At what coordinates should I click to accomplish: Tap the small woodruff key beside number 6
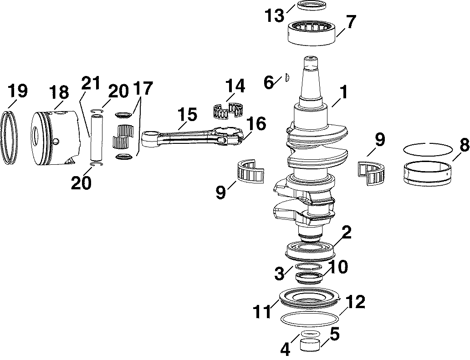(x=286, y=78)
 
